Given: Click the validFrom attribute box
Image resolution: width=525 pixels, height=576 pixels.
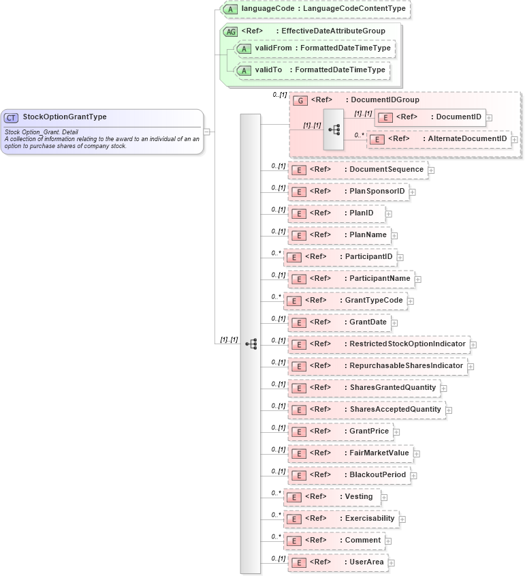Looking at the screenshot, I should coord(314,48).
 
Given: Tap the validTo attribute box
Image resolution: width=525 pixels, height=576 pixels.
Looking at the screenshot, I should coord(311,70).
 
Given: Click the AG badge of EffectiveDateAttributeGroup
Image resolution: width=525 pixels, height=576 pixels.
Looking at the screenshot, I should coord(231,31).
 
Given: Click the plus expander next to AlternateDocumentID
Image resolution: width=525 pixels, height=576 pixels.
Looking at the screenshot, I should coord(515,140).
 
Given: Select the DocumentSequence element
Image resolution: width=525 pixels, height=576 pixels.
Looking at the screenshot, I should coord(358,170).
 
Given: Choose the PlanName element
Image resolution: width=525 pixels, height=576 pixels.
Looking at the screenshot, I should coord(338,235).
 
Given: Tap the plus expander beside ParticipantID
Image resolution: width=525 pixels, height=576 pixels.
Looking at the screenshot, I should coord(400,257).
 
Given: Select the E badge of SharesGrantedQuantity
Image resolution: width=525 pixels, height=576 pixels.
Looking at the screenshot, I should coord(298,388).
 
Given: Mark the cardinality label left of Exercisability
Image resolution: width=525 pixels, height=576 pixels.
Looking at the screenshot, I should coord(276,515).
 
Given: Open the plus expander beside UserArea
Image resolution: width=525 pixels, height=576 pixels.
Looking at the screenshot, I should coord(392,563).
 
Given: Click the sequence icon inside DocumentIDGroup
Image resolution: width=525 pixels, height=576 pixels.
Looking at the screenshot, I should coord(334,129).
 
